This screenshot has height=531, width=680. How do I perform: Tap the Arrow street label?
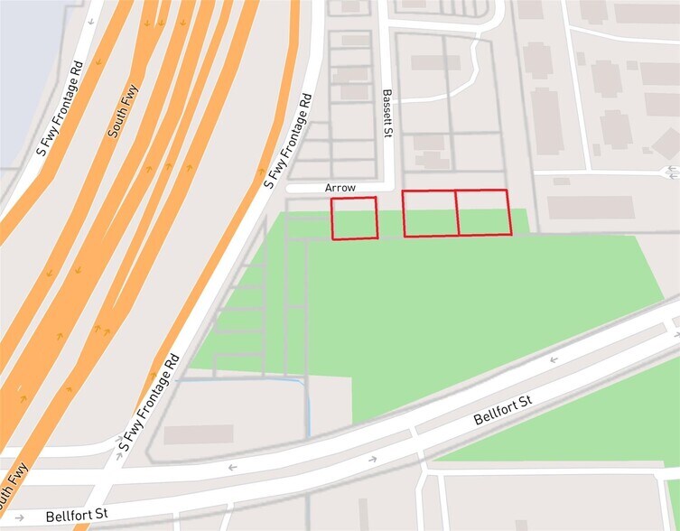point(341,188)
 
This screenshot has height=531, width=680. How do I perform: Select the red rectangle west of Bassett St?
point(354,219)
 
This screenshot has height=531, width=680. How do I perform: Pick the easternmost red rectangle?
point(484,213)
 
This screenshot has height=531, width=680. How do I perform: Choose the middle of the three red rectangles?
point(430,214)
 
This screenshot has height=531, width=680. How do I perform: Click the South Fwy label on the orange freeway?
point(124,110)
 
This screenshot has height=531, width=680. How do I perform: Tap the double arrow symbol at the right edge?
point(670,172)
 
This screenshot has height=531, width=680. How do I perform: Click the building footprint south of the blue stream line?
point(199,434)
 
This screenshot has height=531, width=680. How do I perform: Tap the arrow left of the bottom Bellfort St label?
point(20,517)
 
